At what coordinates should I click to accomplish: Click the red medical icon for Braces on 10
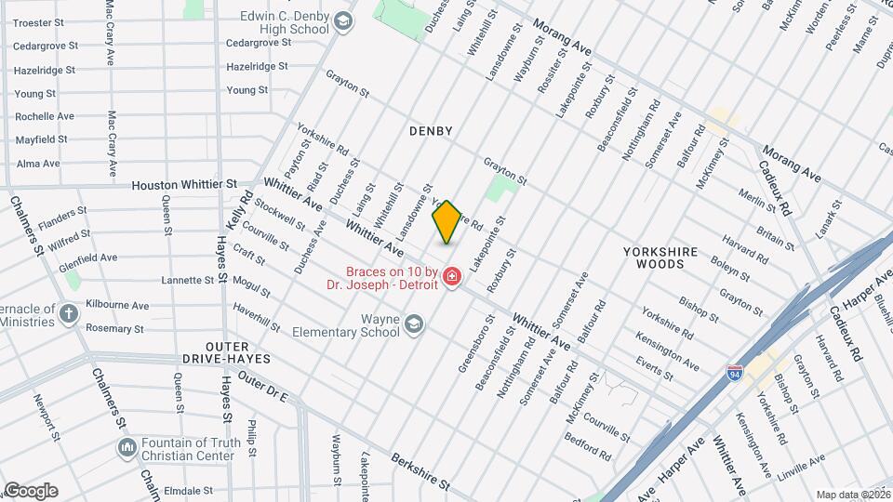[452, 277]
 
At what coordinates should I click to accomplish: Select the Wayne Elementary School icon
[414, 324]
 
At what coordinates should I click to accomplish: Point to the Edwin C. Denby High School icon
[343, 21]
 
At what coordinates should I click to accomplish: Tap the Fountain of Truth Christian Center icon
[127, 448]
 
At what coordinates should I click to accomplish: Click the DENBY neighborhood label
[431, 131]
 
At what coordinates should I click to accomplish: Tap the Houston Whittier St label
[184, 185]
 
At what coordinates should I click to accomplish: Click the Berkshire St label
[420, 472]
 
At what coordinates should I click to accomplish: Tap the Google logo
[31, 490]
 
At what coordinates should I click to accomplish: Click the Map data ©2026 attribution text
[852, 495]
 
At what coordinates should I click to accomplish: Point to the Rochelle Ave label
[45, 116]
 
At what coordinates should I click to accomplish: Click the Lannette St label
[188, 280]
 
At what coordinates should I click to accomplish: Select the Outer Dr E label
[263, 387]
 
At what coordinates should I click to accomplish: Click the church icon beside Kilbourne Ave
[69, 313]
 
